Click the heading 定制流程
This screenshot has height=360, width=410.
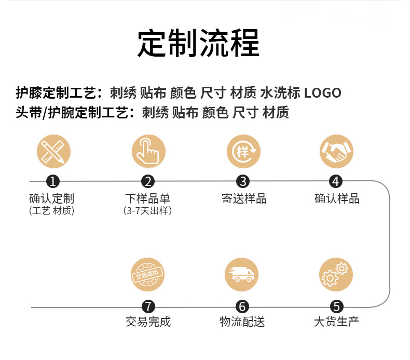[198, 44]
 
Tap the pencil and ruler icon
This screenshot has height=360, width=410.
[53, 151]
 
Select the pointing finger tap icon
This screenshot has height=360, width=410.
[148, 151]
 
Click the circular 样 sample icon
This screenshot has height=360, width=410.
[243, 151]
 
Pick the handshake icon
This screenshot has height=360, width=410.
[336, 151]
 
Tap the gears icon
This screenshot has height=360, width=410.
[336, 275]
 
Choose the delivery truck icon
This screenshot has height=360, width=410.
[242, 275]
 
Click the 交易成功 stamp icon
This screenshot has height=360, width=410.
[148, 275]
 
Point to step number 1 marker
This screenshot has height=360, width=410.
[53, 181]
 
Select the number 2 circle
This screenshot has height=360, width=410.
[148, 181]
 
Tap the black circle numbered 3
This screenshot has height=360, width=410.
[243, 181]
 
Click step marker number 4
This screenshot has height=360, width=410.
[336, 181]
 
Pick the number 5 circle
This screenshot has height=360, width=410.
[336, 307]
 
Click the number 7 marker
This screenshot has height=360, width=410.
[148, 307]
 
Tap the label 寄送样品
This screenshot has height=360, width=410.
[243, 198]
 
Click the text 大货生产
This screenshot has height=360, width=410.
[336, 322]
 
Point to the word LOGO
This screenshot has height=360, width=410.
[322, 94]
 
